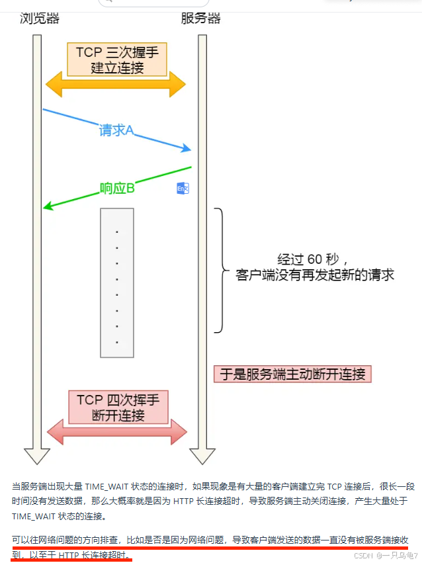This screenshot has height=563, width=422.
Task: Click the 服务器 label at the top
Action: pyautogui.click(x=200, y=18)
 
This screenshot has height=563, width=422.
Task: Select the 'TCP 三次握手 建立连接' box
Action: pyautogui.click(x=117, y=59)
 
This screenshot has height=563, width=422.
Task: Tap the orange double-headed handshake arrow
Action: pyautogui.click(x=116, y=85)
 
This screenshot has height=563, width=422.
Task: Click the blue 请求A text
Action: pyautogui.click(x=116, y=130)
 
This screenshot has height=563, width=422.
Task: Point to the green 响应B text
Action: pyautogui.click(x=117, y=189)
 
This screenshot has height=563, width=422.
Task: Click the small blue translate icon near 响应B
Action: pyautogui.click(x=183, y=189)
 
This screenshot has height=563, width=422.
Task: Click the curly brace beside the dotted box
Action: pyautogui.click(x=218, y=270)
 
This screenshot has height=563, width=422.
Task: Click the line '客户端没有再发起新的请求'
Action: pyautogui.click(x=315, y=275)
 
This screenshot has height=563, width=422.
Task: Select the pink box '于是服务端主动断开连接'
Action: pyautogui.click(x=292, y=374)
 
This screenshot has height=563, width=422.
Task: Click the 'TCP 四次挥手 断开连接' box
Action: pyautogui.click(x=118, y=407)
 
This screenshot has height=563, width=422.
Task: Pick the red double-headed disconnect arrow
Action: pyautogui.click(x=117, y=432)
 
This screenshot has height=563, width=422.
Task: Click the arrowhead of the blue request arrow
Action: pyautogui.click(x=187, y=148)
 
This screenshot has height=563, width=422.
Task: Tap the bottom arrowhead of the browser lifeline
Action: pyautogui.click(x=37, y=456)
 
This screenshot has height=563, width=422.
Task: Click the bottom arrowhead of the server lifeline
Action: pyautogui.click(x=202, y=456)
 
